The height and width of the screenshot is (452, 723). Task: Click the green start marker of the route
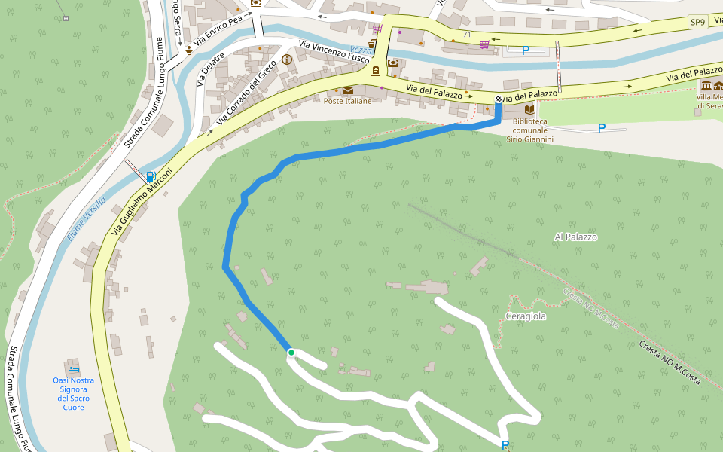(291, 353)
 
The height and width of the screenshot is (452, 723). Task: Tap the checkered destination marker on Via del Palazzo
(499, 99)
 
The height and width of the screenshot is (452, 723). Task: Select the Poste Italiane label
(348, 102)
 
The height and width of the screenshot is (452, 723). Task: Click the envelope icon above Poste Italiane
(348, 90)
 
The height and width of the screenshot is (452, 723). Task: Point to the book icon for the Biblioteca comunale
(529, 109)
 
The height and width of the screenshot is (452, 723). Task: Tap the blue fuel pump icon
(152, 177)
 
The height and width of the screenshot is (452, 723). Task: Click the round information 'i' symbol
(286, 60)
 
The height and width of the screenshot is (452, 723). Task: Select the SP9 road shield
(697, 23)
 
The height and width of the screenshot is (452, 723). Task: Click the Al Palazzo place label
(575, 237)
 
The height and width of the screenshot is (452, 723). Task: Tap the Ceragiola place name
(526, 316)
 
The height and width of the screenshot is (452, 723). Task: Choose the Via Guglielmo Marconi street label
(142, 201)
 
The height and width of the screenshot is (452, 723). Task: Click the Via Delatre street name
(212, 69)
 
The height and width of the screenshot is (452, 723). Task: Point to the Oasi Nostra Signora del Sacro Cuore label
(73, 393)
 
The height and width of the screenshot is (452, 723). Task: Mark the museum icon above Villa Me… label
(707, 84)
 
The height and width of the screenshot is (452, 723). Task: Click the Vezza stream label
(360, 69)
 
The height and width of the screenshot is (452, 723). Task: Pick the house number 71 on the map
(467, 35)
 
